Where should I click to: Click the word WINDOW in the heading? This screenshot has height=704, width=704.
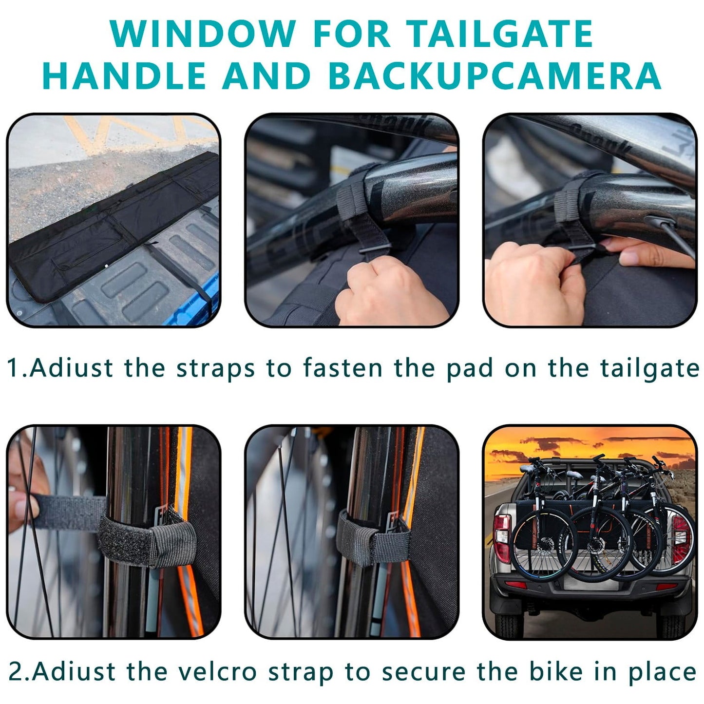click(x=203, y=34)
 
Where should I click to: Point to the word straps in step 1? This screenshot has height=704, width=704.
click(x=215, y=369)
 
